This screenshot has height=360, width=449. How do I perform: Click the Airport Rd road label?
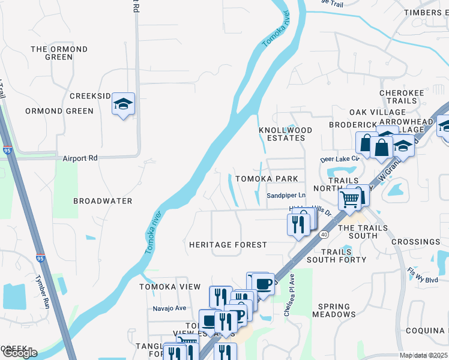(80, 158)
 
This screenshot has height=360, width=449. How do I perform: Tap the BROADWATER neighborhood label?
(103, 201)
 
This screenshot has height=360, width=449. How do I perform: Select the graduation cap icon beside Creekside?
(123, 104)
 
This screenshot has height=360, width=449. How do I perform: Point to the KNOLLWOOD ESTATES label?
(286, 134)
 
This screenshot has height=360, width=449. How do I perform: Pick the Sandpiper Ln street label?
(286, 196)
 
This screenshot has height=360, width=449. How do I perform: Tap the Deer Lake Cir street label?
(339, 159)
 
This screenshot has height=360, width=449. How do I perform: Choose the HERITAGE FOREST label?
(228, 245)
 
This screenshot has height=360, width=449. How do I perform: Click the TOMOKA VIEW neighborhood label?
(170, 287)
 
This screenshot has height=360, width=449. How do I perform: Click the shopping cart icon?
(350, 197)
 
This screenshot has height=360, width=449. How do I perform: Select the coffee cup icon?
(262, 282)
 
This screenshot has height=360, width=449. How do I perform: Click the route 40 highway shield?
(324, 233)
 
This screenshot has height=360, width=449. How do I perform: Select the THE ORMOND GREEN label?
(59, 53)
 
